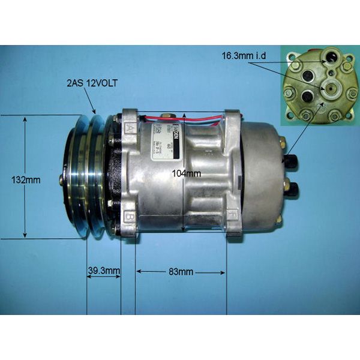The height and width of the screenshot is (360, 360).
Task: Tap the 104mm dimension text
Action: pyautogui.click(x=185, y=175)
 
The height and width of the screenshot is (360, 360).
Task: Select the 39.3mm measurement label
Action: pyautogui.click(x=104, y=271)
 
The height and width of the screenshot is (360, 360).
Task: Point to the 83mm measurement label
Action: pyautogui.click(x=181, y=272)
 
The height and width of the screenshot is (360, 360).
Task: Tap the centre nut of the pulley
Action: pyautogui.click(x=61, y=178)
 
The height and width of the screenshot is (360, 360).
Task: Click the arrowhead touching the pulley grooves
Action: pyautogui.click(x=95, y=112)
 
